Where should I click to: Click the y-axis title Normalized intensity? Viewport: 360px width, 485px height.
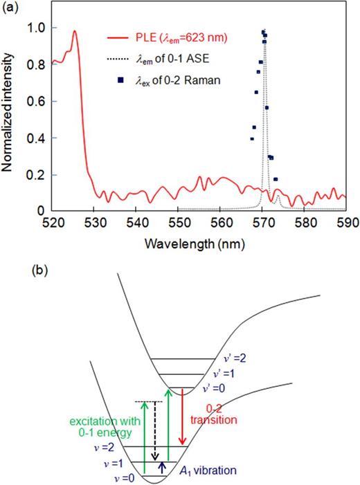click(12, 118)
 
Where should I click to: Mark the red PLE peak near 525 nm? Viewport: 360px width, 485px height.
click(74, 31)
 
